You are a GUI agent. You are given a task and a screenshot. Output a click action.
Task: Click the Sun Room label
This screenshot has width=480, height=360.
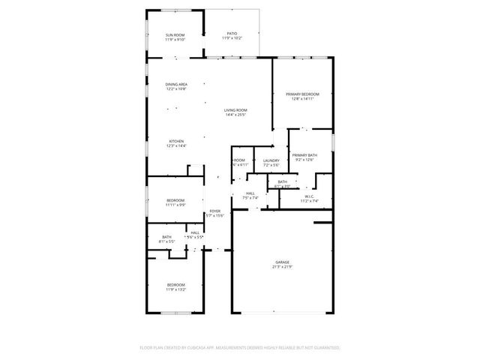(175, 35)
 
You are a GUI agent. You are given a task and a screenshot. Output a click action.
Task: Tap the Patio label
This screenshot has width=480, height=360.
(232, 33)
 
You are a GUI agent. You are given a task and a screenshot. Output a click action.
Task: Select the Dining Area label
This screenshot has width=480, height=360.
(176, 84)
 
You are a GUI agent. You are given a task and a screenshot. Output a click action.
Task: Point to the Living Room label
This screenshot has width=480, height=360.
(235, 110)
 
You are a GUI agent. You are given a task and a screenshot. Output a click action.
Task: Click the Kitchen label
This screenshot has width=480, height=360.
(176, 141)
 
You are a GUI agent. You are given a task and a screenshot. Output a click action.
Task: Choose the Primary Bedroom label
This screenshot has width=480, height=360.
(302, 94)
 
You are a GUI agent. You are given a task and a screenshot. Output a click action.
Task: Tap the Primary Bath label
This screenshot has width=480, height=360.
(304, 155)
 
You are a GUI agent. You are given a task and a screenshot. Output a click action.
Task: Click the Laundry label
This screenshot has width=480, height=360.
(271, 160)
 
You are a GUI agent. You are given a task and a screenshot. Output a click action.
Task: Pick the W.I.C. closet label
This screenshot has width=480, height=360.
(309, 196)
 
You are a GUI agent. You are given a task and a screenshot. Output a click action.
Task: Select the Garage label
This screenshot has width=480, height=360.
(282, 262)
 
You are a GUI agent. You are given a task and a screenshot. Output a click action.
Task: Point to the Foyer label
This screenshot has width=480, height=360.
(215, 211)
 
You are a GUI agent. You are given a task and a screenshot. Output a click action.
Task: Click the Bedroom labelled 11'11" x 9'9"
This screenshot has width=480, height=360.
(175, 200)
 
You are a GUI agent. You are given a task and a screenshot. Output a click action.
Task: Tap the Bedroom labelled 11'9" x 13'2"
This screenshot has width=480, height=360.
(176, 284)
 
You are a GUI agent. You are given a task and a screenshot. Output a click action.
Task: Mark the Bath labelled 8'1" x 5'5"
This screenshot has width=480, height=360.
(166, 237)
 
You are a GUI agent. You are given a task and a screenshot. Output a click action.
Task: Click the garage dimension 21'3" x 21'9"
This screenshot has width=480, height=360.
(282, 267)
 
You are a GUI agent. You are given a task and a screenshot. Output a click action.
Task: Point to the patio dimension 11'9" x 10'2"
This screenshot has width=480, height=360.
(232, 37)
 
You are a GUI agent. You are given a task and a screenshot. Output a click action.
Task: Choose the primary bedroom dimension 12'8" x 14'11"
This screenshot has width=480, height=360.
(302, 99)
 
